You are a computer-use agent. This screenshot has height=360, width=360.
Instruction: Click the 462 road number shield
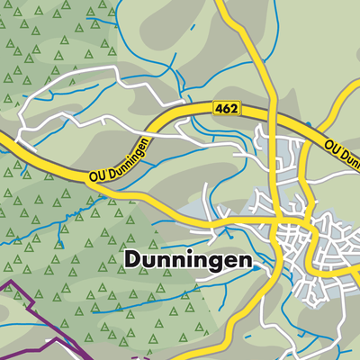click(x=227, y=108)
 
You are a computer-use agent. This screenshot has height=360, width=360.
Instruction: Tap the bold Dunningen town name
click(x=187, y=261)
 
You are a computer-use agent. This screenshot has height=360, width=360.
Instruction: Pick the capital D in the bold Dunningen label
click(x=129, y=261)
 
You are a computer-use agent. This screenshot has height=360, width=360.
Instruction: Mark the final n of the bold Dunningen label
click(x=247, y=262)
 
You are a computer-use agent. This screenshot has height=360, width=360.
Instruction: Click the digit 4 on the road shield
click(x=220, y=108)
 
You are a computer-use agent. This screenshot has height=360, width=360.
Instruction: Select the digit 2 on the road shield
click(x=234, y=108)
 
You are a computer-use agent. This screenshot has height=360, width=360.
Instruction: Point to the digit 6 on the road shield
click(x=227, y=108)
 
